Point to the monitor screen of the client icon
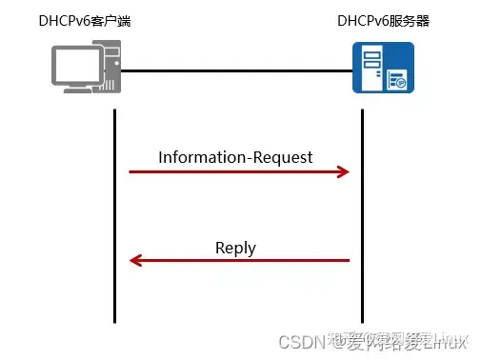point(75,64)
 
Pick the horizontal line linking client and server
point(238,70)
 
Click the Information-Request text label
point(235,157)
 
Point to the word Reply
point(235,248)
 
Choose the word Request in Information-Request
point(284,157)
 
